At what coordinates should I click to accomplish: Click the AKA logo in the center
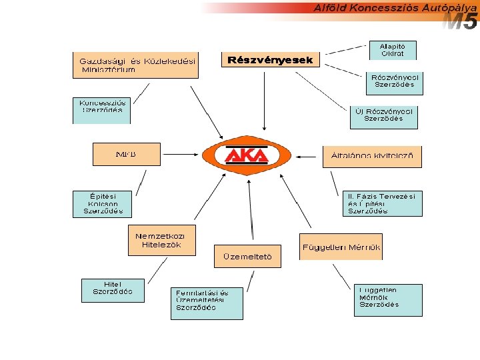coord(246,155)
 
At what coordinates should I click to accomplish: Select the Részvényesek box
coord(270,61)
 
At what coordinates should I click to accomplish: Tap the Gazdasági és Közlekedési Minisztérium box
coord(135,65)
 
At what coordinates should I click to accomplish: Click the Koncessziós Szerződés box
coord(101,111)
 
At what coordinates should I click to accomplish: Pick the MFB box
coord(126,154)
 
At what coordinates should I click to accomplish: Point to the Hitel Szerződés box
coord(112,289)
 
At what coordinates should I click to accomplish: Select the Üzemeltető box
coord(247,257)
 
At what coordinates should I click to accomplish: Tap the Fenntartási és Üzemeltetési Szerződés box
coord(207,303)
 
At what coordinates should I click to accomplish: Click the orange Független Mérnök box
coord(341,247)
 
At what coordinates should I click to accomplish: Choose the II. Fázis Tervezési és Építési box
coord(383,203)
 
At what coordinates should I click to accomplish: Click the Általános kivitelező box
coord(372,157)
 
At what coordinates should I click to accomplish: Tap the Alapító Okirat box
coord(392,50)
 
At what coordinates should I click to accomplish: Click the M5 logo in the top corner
coord(461,23)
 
